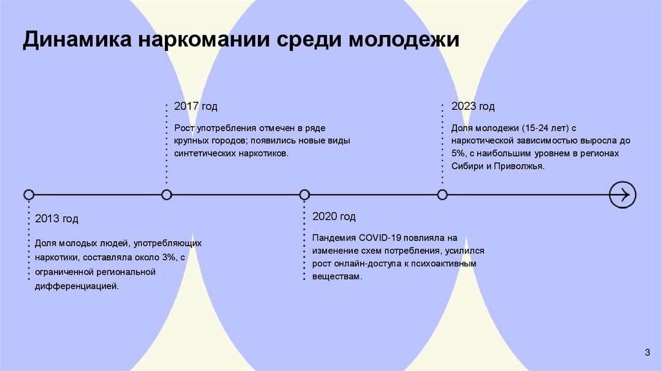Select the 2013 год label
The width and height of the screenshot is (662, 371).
click(x=57, y=219)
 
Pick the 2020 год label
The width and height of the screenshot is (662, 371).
click(x=334, y=217)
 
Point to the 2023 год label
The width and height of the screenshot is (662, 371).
click(x=473, y=107)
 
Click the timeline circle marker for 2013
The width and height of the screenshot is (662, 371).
click(x=28, y=195)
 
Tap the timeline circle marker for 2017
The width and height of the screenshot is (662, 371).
click(x=167, y=195)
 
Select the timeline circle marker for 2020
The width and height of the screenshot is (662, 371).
click(x=304, y=195)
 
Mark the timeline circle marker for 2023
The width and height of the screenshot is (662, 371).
click(x=442, y=195)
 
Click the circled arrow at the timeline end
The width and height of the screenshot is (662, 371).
click(x=623, y=195)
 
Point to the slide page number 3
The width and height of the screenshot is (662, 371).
click(x=647, y=352)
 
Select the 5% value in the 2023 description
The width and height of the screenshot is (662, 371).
click(x=459, y=153)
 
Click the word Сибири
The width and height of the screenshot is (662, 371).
click(x=467, y=167)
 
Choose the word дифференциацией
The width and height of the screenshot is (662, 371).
click(x=77, y=285)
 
